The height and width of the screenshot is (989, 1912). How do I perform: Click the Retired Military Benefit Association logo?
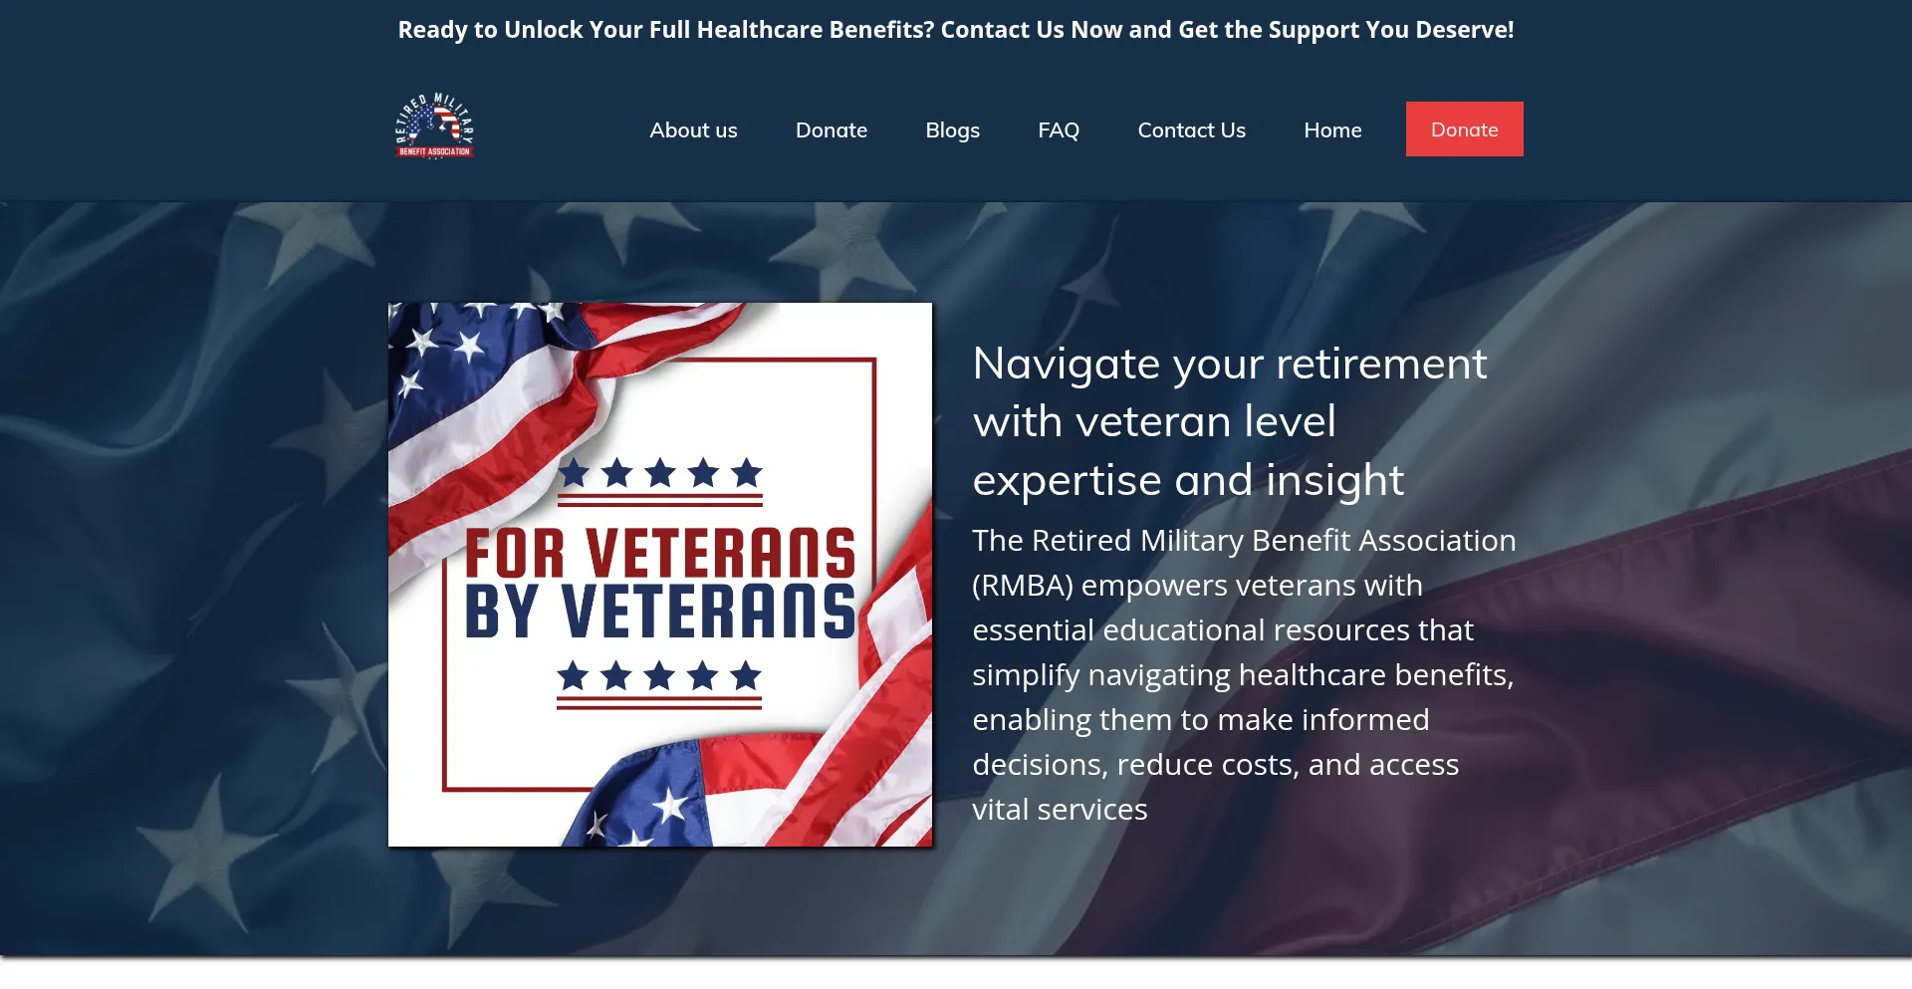[434, 126]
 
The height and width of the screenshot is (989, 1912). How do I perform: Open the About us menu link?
[693, 130]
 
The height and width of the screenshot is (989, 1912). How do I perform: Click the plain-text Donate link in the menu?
[832, 130]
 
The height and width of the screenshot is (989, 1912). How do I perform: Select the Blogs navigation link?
[952, 130]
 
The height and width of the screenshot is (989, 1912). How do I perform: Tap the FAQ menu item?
[1059, 130]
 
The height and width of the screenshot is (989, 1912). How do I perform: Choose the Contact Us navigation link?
[1191, 130]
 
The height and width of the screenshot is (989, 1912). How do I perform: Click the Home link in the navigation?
[1332, 130]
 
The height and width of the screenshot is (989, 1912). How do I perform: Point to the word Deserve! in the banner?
[1465, 30]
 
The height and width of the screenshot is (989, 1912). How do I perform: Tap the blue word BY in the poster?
[502, 611]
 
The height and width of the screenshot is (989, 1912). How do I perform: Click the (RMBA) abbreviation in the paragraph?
[1023, 586]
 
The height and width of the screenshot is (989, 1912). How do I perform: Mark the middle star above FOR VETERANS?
[660, 472]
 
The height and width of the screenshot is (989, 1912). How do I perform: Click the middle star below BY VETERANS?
[659, 675]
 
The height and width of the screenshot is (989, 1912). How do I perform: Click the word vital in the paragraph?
[1001, 809]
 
